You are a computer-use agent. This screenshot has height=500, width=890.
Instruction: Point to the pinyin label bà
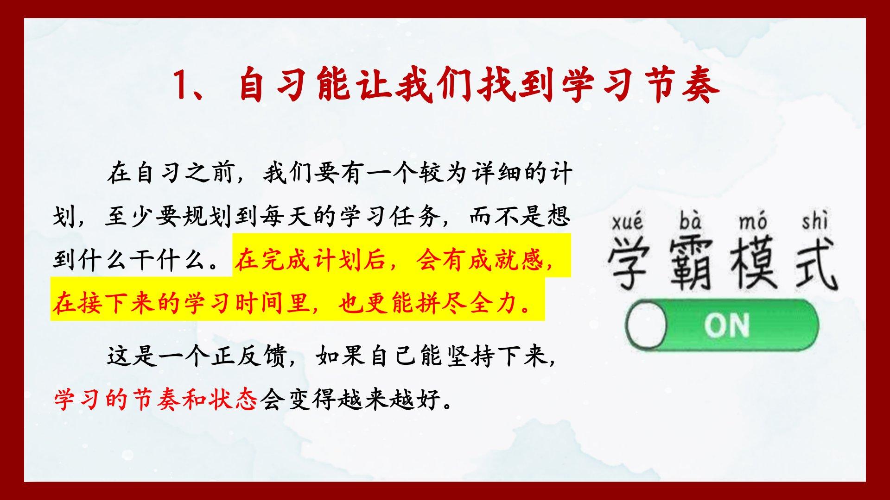pos(691,221)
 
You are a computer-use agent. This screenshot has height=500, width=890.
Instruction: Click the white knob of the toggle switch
pos(646,325)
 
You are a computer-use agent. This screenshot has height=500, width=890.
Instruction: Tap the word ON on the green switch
pos(726,325)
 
